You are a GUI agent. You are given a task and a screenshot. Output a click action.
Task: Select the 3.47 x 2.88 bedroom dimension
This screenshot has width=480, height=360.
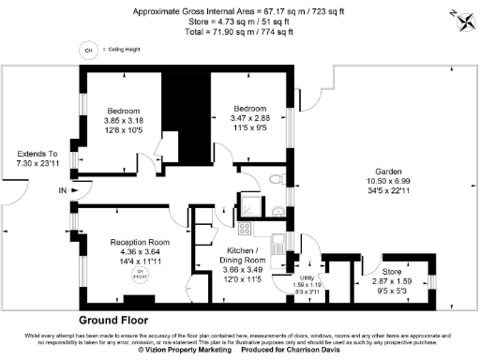pyautogui.click(x=249, y=118)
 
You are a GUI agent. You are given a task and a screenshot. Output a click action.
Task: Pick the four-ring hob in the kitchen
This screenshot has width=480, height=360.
pyautogui.click(x=245, y=228)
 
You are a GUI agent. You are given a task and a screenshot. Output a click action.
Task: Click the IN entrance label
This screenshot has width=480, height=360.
pyautogui.click(x=63, y=191)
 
